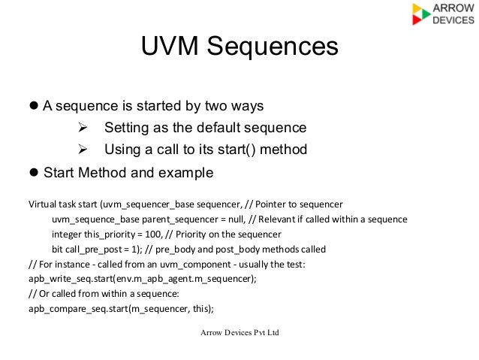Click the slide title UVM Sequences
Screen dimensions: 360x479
coord(239,47)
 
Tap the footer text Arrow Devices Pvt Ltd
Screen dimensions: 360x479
coord(239,332)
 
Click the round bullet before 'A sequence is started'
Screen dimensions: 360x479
coord(33,105)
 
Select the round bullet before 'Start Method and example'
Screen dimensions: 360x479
coord(33,173)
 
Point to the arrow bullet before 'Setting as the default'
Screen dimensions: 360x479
coord(83,126)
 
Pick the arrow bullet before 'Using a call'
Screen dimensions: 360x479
coord(83,149)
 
